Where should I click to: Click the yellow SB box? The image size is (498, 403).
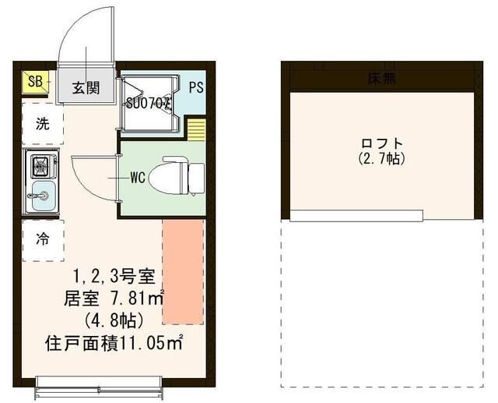point(36,80)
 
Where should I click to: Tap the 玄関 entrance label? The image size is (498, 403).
point(86,87)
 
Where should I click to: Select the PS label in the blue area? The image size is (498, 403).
point(195,87)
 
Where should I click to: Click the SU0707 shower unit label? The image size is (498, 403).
point(149,101)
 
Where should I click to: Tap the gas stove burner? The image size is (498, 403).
point(40,165)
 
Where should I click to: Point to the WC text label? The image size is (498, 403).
point(138,177)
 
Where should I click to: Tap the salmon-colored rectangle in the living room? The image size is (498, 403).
point(182,271)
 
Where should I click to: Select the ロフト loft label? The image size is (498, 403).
point(381,143)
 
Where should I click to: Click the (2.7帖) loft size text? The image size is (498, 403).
point(381,159)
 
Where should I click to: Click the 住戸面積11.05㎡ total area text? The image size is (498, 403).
point(114,341)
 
